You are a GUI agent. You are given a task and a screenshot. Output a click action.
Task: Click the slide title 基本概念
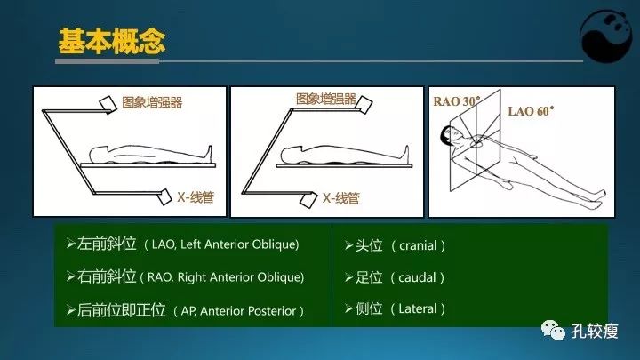click(111, 41)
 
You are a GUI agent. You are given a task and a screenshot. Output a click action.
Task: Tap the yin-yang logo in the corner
click(609, 37)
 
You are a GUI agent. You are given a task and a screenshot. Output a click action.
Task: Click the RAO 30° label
click(456, 101)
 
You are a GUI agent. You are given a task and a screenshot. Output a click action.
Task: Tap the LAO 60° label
click(531, 112)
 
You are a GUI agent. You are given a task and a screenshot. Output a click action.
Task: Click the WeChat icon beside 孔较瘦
click(556, 331)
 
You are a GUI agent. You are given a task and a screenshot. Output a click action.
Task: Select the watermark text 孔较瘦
click(596, 331)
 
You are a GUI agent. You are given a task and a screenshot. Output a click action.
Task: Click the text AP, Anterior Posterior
click(241, 311)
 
